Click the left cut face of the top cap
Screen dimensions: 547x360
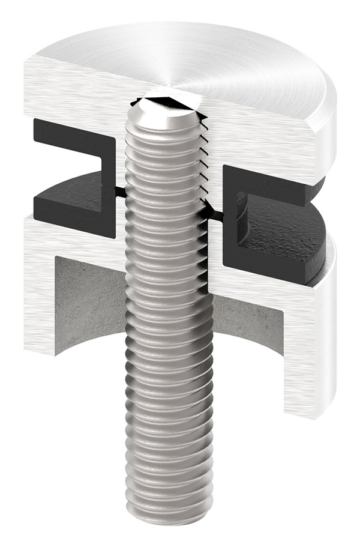[x=72, y=90]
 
